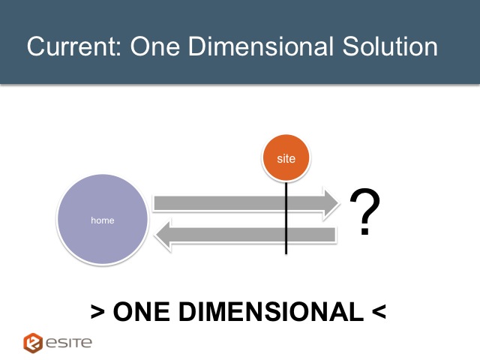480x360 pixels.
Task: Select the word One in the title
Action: pyautogui.click(x=155, y=46)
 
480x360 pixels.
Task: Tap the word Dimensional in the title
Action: pyautogui.click(x=260, y=46)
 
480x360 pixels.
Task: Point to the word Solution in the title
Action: pyautogui.click(x=390, y=46)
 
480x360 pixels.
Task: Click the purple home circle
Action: pyautogui.click(x=103, y=220)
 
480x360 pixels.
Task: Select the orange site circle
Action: pyautogui.click(x=286, y=158)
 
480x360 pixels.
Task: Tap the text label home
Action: pyautogui.click(x=103, y=220)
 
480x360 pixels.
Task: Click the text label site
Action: pyautogui.click(x=286, y=158)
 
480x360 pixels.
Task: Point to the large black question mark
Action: pyautogui.click(x=365, y=211)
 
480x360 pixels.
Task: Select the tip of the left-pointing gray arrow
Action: pyautogui.click(x=155, y=235)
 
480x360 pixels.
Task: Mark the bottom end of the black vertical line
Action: pyautogui.click(x=286, y=253)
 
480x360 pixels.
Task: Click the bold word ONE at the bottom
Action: pyautogui.click(x=142, y=312)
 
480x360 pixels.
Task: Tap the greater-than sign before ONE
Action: pyautogui.click(x=98, y=312)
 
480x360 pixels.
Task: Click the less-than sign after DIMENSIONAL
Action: pyautogui.click(x=379, y=312)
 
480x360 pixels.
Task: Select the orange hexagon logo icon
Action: pyautogui.click(x=33, y=343)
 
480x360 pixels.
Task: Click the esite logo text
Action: pyautogui.click(x=69, y=343)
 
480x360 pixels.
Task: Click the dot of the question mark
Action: pyautogui.click(x=364, y=232)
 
